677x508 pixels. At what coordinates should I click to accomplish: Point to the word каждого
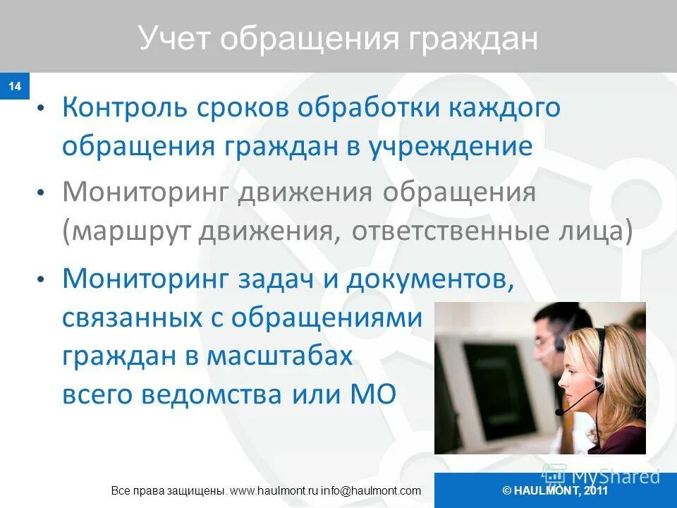tap(503, 108)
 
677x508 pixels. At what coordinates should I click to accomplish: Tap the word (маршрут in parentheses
tap(125, 233)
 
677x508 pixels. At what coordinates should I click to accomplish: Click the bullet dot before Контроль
tap(42, 109)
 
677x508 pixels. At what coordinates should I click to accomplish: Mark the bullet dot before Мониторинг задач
tap(42, 280)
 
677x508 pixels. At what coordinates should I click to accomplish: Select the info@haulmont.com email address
tap(371, 490)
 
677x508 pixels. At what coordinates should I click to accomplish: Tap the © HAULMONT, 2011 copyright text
tap(555, 490)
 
